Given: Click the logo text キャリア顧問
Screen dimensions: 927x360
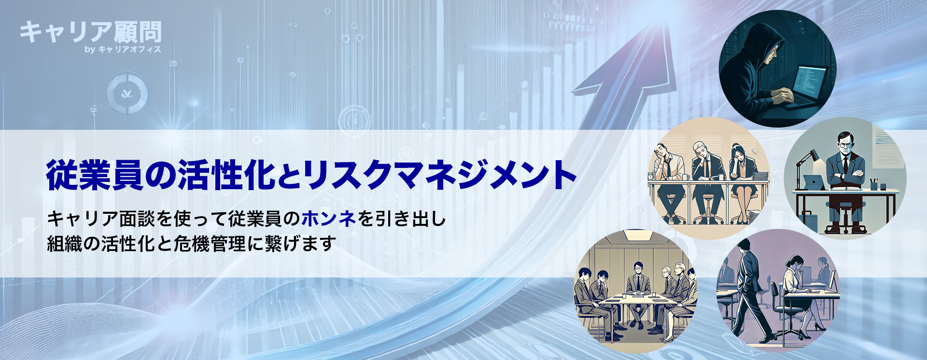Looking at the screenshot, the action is click(90, 32).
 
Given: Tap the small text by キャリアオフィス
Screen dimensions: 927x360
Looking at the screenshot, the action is click(123, 49).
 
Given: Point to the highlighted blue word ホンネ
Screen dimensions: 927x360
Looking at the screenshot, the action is click(329, 219).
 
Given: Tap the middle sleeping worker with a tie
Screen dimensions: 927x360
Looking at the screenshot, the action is click(707, 181).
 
